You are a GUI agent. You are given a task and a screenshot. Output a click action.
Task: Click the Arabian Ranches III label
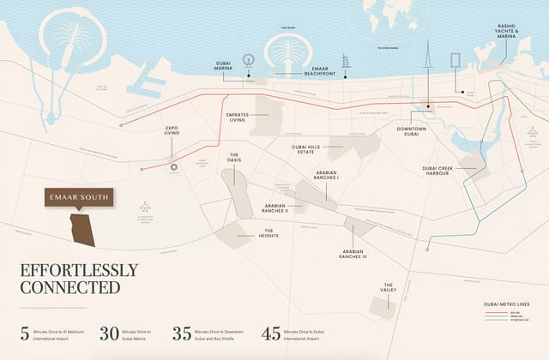coord(353,254)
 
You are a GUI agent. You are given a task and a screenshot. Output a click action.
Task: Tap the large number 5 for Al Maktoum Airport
coord(26,334)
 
